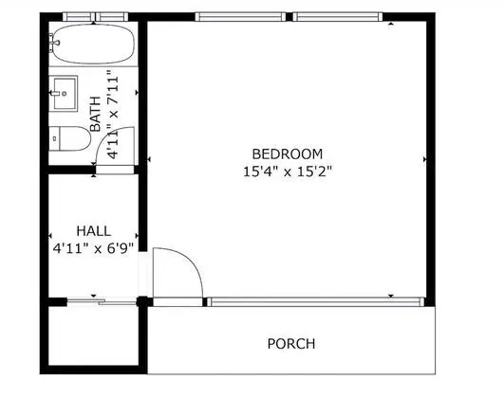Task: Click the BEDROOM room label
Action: [x=287, y=154]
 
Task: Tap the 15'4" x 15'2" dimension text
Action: [x=287, y=172]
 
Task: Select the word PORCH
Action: [x=291, y=344]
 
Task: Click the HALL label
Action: [x=94, y=231]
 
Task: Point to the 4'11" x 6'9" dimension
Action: [x=93, y=248]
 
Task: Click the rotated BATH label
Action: [x=96, y=114]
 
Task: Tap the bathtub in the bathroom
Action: [x=93, y=44]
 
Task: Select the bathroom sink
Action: [x=64, y=94]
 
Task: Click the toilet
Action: [x=69, y=138]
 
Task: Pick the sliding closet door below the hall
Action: [x=102, y=301]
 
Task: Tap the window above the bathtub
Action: [x=96, y=17]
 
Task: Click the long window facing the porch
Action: [x=316, y=301]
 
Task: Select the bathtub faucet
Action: [x=53, y=43]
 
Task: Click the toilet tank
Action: [x=55, y=138]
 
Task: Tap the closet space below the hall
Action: [x=93, y=335]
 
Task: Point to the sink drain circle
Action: [x=65, y=94]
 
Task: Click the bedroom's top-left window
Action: [x=240, y=17]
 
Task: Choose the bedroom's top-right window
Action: [x=338, y=17]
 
